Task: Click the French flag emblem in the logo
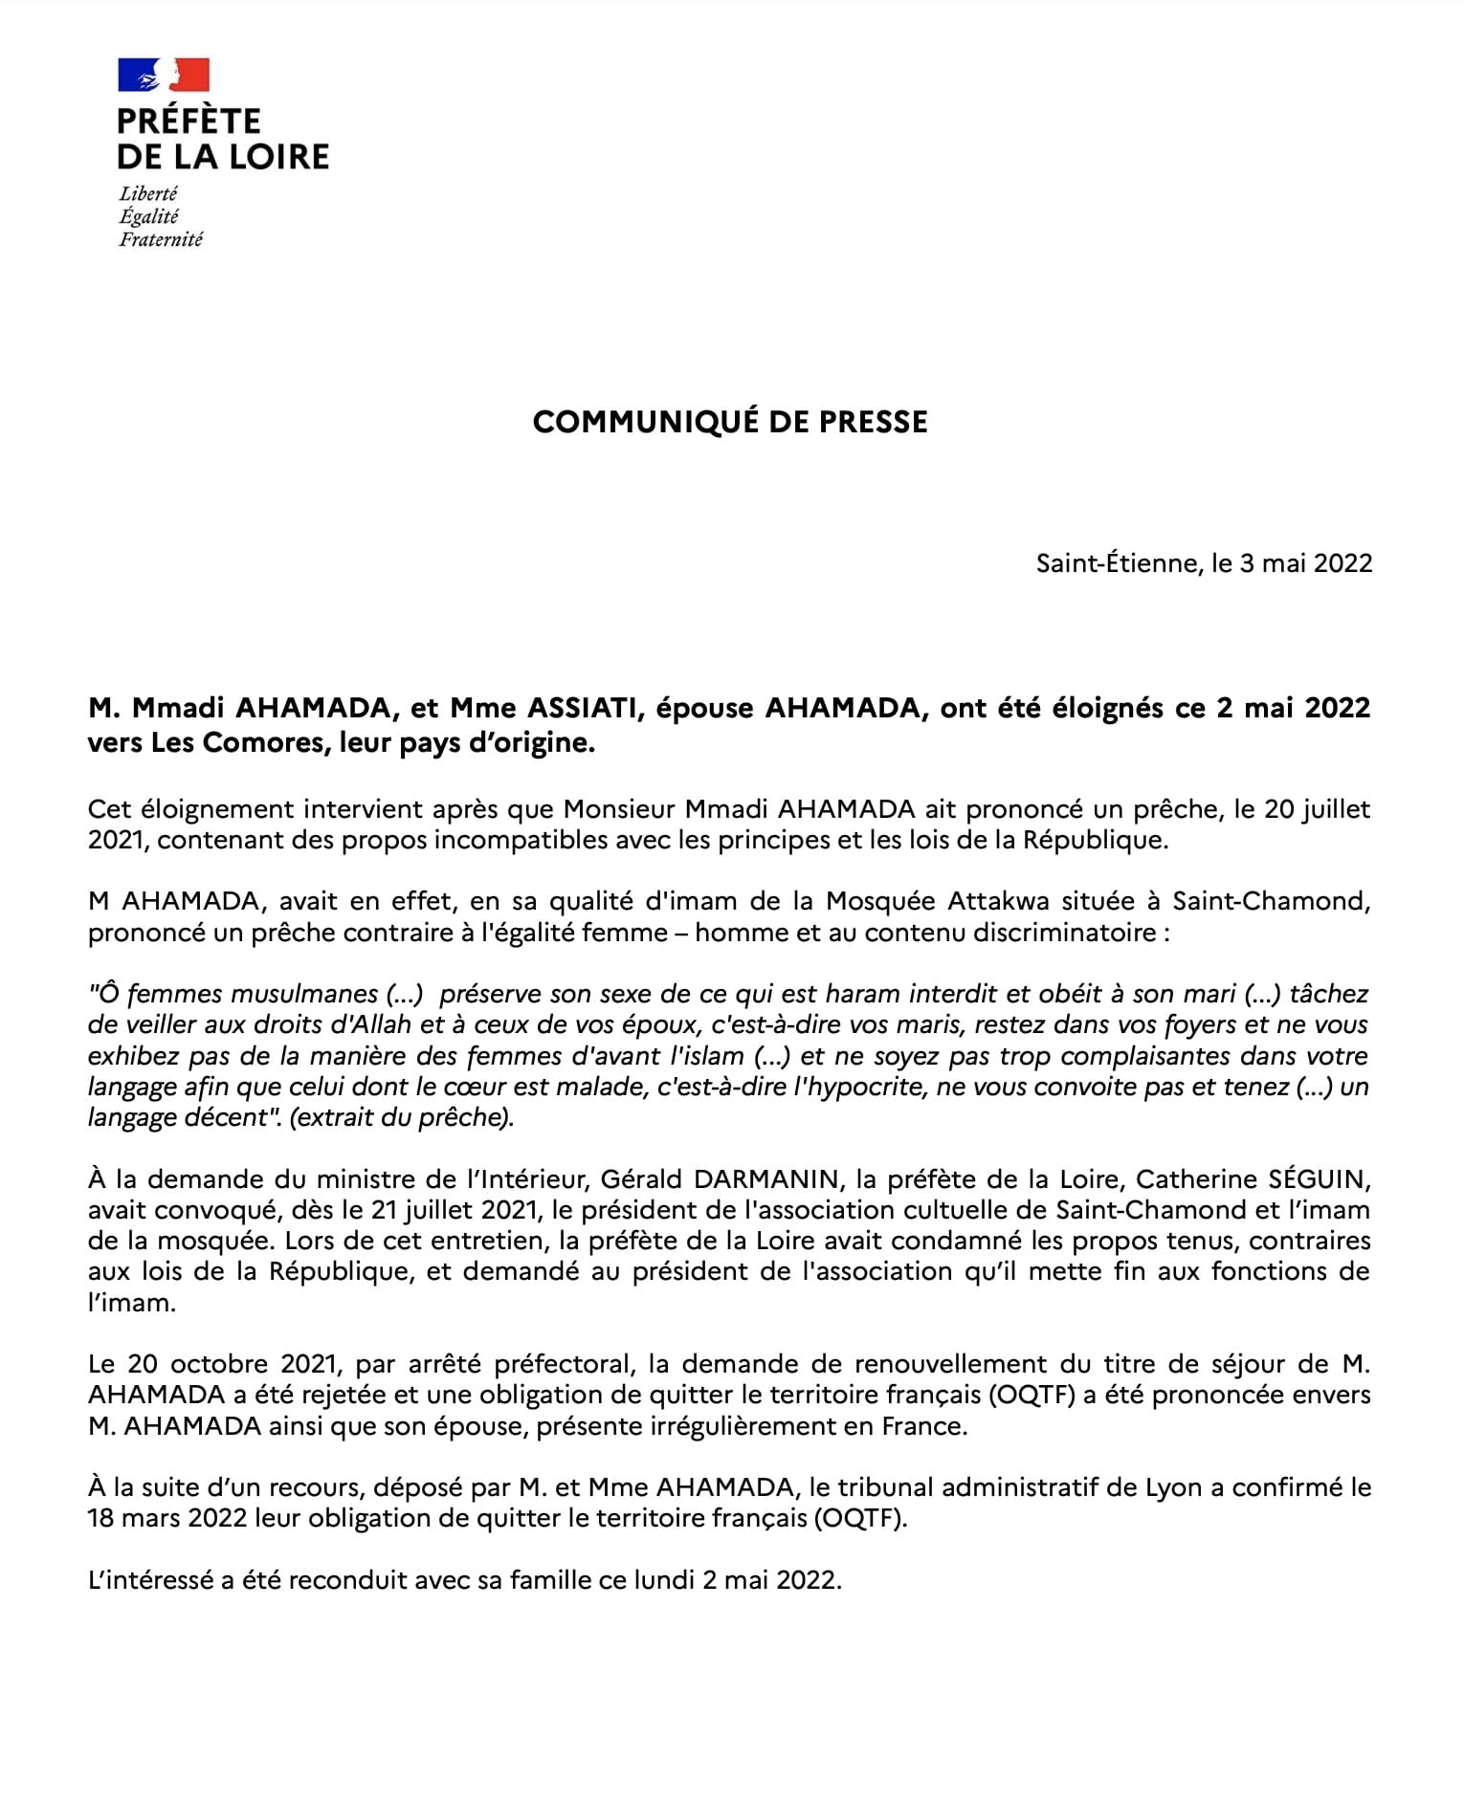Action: coord(164,75)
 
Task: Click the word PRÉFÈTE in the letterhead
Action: coord(189,121)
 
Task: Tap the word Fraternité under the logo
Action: coord(161,239)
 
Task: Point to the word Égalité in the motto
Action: coord(148,216)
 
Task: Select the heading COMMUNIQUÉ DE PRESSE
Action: coord(730,422)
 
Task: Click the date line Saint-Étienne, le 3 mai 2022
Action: coord(1204,562)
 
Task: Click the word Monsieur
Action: coord(619,809)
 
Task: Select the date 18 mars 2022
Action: coord(167,1519)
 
